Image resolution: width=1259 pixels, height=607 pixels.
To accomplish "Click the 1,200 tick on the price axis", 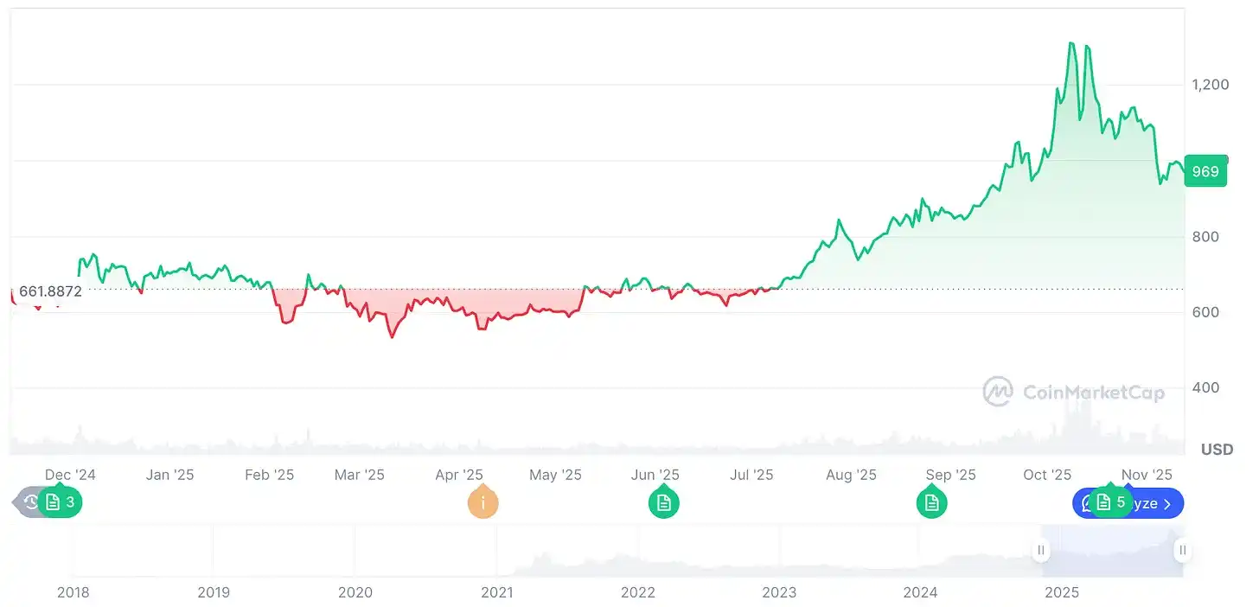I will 1210,85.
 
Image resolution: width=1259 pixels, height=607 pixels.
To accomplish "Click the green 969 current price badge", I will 1205,171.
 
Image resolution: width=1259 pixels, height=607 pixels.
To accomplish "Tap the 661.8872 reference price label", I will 50,291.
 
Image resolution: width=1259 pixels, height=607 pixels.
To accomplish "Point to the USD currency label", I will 1217,450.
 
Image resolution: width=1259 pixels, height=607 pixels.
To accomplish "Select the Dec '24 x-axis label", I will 70,475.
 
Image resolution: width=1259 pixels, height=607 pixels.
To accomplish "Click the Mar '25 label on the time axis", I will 359,475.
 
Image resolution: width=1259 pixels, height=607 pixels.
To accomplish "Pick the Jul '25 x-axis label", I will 751,475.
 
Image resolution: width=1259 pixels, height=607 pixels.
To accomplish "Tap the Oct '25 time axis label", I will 1046,475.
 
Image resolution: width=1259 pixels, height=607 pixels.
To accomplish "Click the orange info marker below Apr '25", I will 483,502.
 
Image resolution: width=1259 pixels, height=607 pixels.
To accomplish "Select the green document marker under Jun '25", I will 664,502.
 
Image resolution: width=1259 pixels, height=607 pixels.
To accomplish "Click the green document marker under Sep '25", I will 931,502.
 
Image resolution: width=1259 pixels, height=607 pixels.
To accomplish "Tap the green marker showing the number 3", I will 60,502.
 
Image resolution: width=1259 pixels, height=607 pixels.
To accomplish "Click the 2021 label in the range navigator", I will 496,592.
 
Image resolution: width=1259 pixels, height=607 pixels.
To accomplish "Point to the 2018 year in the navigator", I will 73,592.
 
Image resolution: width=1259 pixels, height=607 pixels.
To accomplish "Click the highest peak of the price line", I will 1071,42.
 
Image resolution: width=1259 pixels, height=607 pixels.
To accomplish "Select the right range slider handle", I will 1182,550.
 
